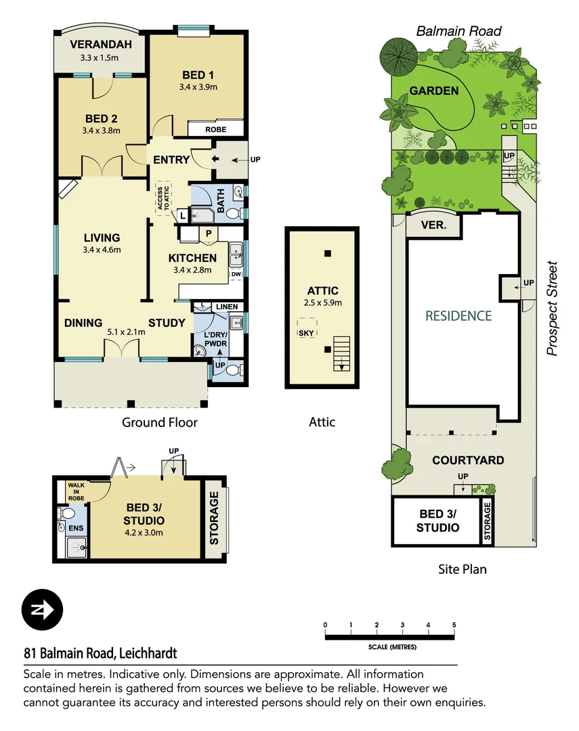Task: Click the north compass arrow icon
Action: (x=42, y=610)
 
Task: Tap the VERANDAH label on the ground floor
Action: (x=100, y=45)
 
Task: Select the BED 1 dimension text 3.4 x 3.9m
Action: (x=198, y=87)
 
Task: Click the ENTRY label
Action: (x=171, y=160)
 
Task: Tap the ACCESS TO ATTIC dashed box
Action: (x=163, y=198)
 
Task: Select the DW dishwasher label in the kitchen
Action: (x=236, y=275)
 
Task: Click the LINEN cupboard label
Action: (x=227, y=307)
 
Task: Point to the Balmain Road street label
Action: (x=458, y=31)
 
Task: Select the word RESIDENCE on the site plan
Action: (x=458, y=315)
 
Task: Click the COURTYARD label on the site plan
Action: (x=468, y=460)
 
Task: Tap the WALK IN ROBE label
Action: (x=74, y=491)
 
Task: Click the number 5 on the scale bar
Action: (x=454, y=625)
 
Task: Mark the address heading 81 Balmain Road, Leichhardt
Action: (x=100, y=653)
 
